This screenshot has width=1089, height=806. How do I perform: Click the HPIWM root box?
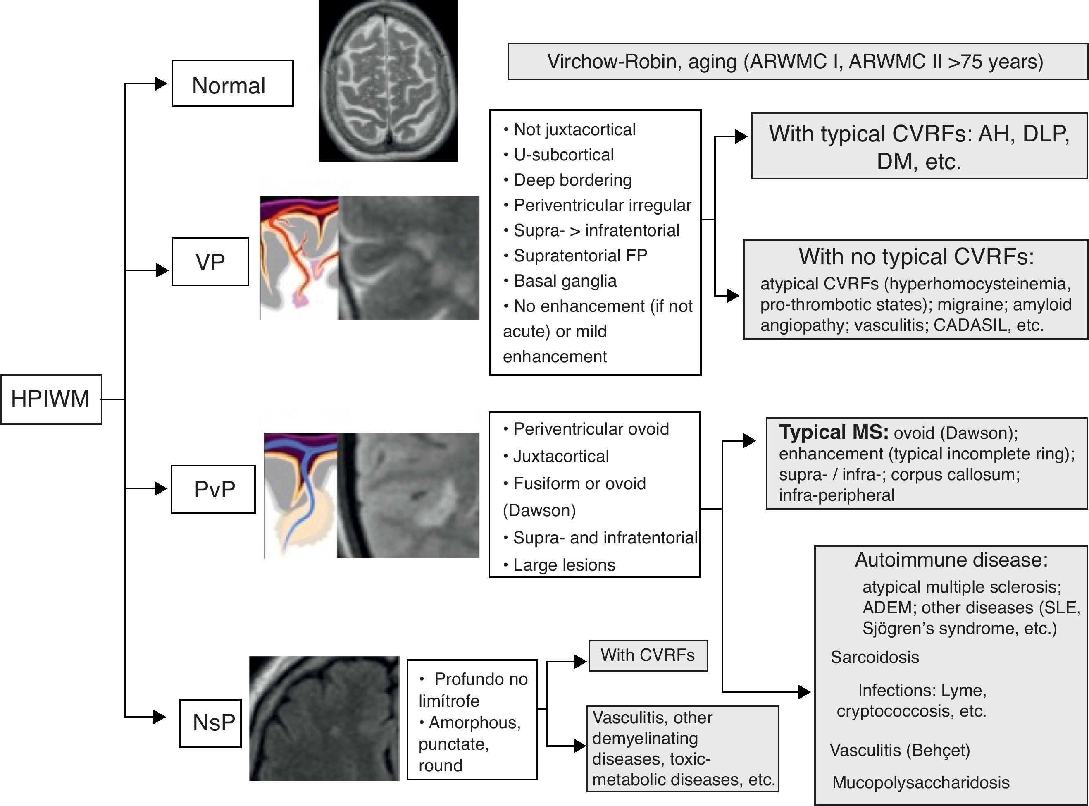coord(51,399)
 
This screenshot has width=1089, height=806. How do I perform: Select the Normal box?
coord(233,84)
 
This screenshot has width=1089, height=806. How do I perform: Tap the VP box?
coord(210,261)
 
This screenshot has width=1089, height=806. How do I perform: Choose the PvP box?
coord(213,489)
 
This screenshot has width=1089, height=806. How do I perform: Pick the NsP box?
coord(210,723)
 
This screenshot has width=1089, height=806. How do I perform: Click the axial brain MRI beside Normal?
coord(388,81)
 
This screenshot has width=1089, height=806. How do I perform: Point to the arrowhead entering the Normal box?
coord(161,84)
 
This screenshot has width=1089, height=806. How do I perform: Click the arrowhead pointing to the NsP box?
coord(160,717)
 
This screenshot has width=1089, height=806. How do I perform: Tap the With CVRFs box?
coord(648,656)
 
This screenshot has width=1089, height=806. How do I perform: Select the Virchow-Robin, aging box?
coord(798,62)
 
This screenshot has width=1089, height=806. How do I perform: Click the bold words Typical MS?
coord(834,432)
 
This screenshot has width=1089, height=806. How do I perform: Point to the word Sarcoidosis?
coord(875,657)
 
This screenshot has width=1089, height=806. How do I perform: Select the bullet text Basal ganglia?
coord(565,281)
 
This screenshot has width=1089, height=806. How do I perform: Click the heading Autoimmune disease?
coord(951,560)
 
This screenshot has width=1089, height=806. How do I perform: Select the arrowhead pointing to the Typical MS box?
coord(749,440)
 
